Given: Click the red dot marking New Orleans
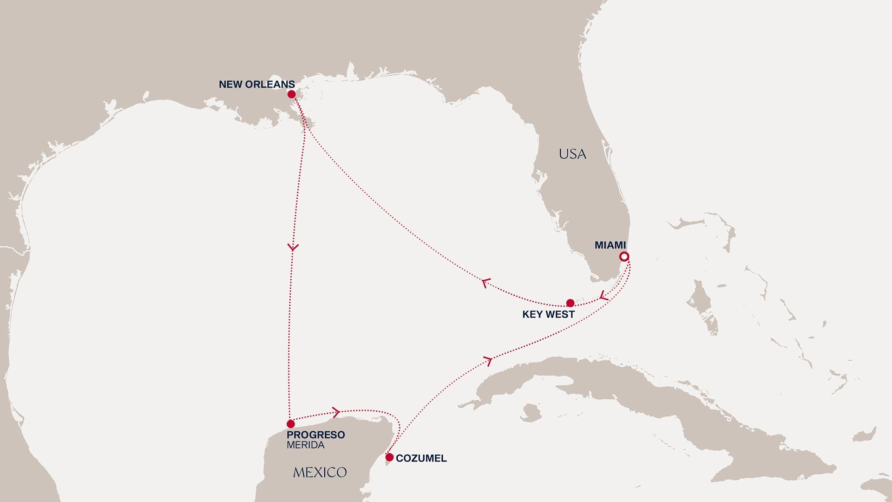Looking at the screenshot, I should coord(291,94).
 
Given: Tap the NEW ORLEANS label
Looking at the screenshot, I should coord(256,85).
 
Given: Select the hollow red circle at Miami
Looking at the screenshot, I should coord(624,257).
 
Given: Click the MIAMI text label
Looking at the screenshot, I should coord(610,245).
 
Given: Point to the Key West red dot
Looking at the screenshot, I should coord(570,303).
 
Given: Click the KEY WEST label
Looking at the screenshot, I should coord(548,315).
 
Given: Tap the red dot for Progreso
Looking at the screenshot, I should coord(290,424).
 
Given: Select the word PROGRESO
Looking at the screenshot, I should coord(315,435).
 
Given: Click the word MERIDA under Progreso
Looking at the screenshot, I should coord(305,445).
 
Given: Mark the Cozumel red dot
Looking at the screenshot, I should coord(389,457).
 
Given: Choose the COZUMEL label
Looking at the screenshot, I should coord(421,458).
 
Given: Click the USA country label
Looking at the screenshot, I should coord(572,154).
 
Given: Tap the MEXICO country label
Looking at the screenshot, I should coord(320,473).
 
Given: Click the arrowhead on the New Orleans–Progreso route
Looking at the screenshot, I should coord(293,247).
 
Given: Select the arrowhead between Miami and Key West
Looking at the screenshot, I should coord(603,296).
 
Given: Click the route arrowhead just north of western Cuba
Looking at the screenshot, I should coord(488,360).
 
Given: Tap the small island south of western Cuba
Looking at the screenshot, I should coord(531,412).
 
